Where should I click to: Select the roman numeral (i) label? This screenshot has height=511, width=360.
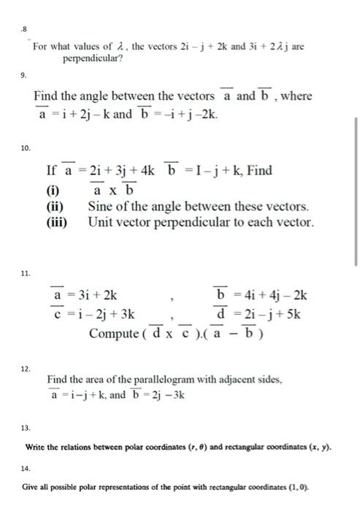(x=53, y=191)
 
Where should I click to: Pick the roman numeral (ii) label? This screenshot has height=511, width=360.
(x=55, y=207)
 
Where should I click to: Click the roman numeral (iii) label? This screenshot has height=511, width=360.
(x=58, y=222)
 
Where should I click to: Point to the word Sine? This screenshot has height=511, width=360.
(x=102, y=207)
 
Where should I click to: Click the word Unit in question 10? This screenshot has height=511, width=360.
(x=102, y=222)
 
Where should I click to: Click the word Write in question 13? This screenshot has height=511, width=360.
(x=36, y=446)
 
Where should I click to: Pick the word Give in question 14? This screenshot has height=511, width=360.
(x=34, y=485)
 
